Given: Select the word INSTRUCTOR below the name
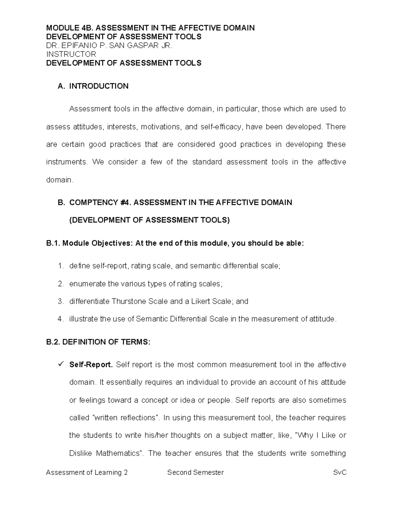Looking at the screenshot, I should click(x=71, y=54).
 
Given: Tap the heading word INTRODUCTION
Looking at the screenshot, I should click(x=99, y=86).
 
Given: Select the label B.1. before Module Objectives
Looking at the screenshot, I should click(x=53, y=243).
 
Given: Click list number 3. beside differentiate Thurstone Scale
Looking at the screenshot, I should click(x=61, y=301).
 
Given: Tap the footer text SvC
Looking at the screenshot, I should click(x=340, y=472).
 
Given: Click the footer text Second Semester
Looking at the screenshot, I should click(x=196, y=472).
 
